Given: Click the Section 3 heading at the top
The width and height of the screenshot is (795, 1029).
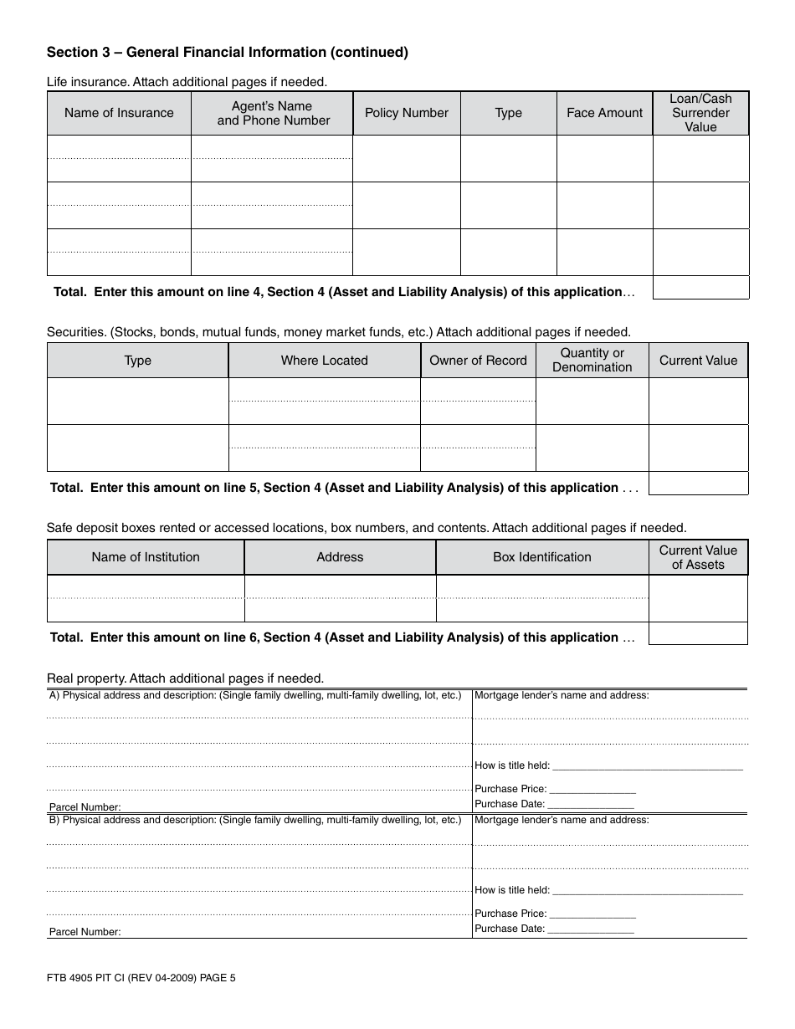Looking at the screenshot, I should point(227,52).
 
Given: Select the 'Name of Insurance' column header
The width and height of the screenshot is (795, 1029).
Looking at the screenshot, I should point(119,113).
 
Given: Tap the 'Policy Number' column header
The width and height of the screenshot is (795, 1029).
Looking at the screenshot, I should point(407,113).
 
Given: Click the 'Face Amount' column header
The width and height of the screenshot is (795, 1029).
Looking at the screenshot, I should point(604,113).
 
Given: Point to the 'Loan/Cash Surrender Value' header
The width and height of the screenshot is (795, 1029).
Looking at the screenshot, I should point(700,113).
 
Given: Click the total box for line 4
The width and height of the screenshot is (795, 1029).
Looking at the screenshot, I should point(700,288).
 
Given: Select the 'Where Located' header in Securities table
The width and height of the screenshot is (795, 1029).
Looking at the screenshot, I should point(324,361).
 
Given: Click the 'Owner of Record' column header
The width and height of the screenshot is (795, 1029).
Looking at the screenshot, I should point(478,361).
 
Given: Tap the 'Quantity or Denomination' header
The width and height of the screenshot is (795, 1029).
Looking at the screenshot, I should point(592,361).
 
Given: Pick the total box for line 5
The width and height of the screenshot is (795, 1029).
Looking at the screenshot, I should point(698,484).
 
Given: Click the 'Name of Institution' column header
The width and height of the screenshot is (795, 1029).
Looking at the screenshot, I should point(146,557).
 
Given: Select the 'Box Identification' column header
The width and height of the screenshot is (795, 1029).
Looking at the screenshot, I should point(541,557).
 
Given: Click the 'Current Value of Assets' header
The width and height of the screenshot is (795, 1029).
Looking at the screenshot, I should point(698,557).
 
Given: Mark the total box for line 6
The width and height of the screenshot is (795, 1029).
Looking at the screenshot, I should point(698,633).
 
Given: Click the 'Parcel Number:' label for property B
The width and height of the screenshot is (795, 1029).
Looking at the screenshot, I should point(85,932).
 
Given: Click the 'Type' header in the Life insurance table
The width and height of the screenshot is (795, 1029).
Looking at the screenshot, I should point(508,113).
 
